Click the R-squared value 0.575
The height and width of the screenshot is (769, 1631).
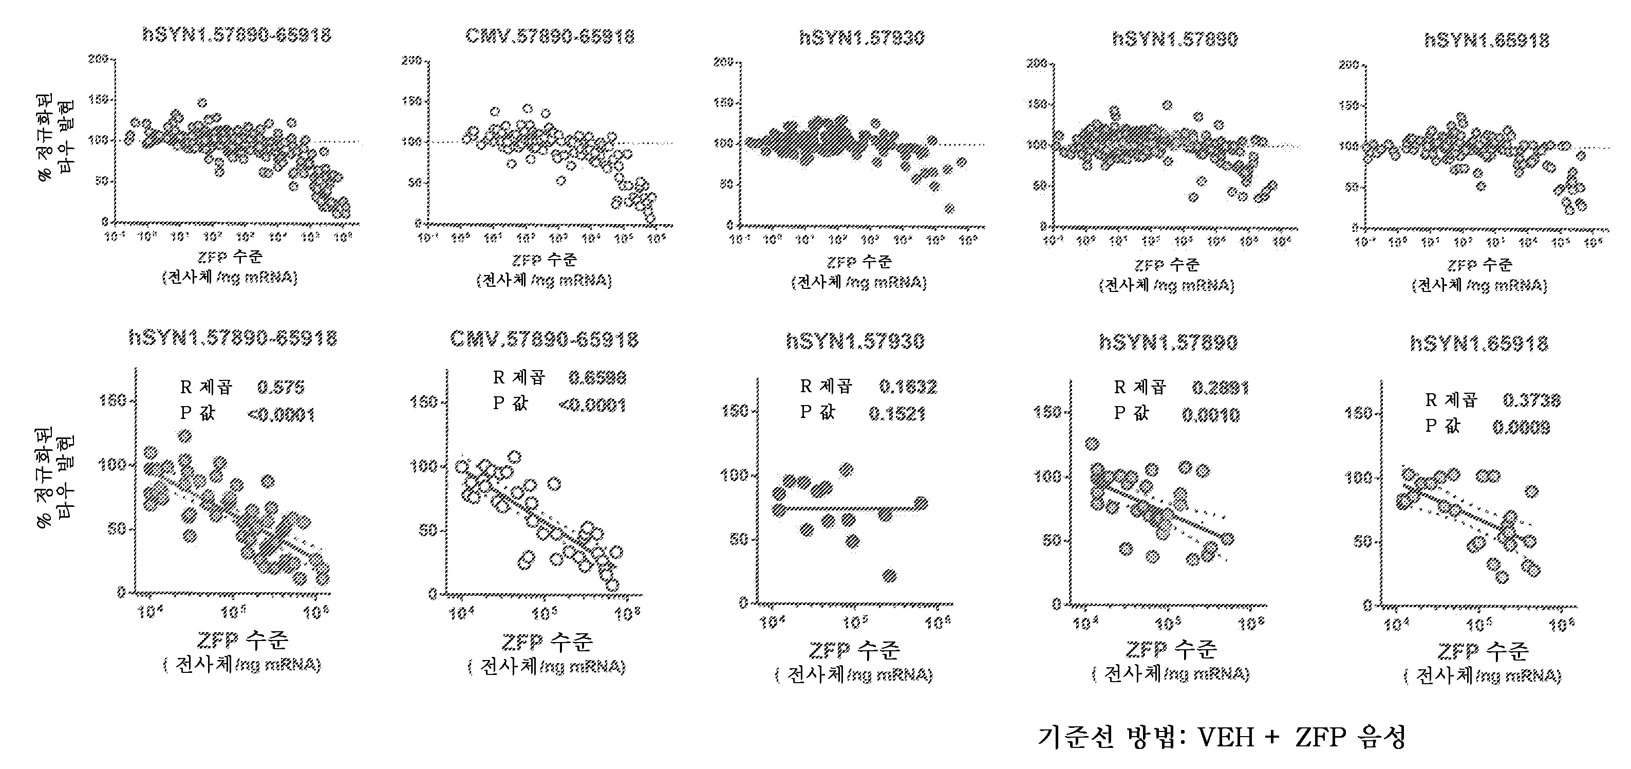tap(280, 387)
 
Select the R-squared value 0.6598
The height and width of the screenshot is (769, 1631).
tap(597, 378)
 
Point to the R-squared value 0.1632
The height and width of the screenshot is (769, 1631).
tap(907, 387)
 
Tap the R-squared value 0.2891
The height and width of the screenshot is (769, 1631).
tap(1220, 388)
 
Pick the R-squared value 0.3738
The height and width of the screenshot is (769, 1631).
tap(1531, 400)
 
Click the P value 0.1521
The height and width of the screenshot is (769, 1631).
tap(896, 414)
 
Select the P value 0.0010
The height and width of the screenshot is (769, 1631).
tap(1211, 415)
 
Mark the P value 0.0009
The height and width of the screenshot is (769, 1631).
tap(1521, 428)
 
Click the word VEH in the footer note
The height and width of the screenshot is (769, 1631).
tap(1226, 737)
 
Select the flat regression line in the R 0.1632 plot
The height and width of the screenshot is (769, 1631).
tap(849, 508)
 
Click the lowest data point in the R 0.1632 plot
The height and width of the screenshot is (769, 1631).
tap(890, 576)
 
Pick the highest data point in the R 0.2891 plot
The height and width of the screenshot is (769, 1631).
tap(1092, 444)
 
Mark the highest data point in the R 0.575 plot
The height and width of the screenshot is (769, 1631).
tap(185, 436)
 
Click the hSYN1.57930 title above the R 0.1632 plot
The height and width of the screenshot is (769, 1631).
tap(855, 341)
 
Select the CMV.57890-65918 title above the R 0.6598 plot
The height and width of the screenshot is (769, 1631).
tap(544, 340)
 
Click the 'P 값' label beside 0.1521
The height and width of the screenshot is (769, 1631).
tap(817, 412)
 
